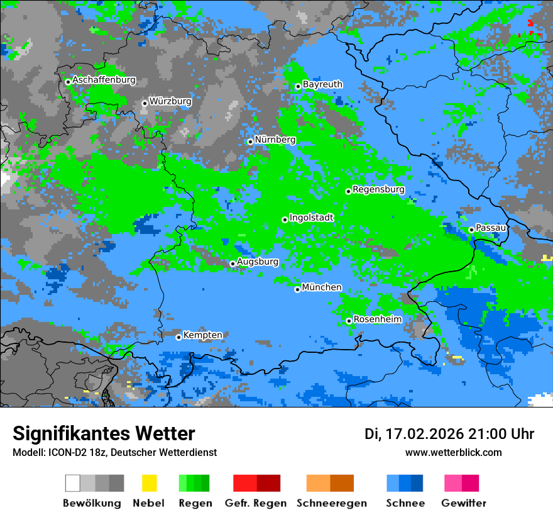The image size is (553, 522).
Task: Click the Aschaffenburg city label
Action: click(104, 81)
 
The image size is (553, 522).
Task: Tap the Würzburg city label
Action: click(170, 101)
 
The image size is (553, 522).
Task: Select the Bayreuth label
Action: click(322, 84)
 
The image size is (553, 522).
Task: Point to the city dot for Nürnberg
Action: click(250, 142)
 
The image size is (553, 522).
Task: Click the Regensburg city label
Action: click(378, 189)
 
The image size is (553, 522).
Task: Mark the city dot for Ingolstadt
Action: click(285, 219)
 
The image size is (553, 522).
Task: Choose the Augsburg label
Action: click(258, 262)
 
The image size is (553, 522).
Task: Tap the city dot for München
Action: click(297, 289)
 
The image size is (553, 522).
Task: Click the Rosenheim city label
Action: click(378, 319)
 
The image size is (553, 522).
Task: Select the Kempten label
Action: click(202, 335)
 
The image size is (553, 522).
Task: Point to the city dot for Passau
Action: click(471, 230)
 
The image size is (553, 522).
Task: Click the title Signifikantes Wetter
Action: click(104, 433)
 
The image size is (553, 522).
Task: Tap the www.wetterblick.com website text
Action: click(453, 452)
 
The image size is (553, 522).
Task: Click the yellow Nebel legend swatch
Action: click(149, 483)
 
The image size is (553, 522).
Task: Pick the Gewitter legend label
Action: click(464, 503)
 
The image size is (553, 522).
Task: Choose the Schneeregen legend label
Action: click(332, 503)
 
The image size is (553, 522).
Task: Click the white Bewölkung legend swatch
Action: click(73, 483)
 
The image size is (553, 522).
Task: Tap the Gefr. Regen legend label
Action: click(255, 503)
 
